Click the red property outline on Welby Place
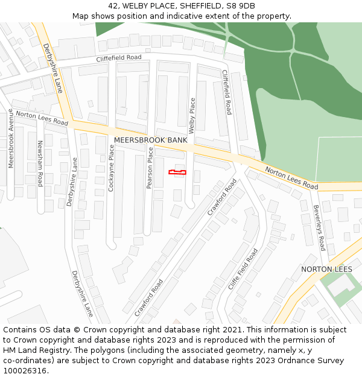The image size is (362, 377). pos(177,173)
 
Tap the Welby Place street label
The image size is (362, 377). pos(192,115)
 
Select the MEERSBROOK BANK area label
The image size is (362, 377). pos(150,140)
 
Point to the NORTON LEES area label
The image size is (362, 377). pos(326,269)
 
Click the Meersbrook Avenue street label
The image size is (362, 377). pos(11,138)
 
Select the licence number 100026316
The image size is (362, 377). pos(25,371)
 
